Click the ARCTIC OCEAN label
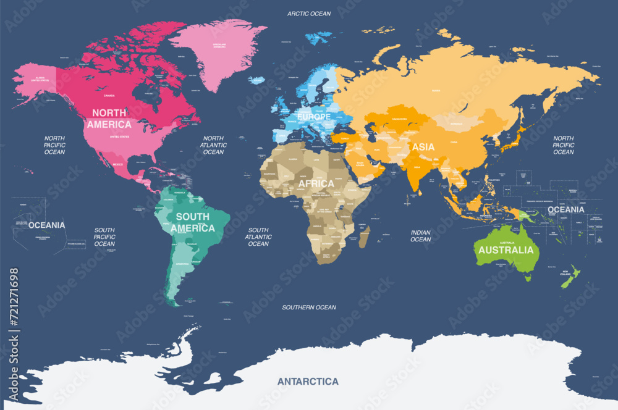coord(309,13)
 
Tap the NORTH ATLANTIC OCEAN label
coord(213,145)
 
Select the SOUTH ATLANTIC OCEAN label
coord(258,236)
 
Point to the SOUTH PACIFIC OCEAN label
coord(104,236)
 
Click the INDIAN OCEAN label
coord(421,236)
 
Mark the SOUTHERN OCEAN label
coord(309,307)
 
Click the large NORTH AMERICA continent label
coord(109,119)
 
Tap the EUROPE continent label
coord(314,116)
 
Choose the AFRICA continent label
coord(316,183)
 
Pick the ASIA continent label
coord(423,147)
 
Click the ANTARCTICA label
coord(308,381)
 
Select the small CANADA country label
coord(109,96)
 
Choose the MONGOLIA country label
coord(454,123)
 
